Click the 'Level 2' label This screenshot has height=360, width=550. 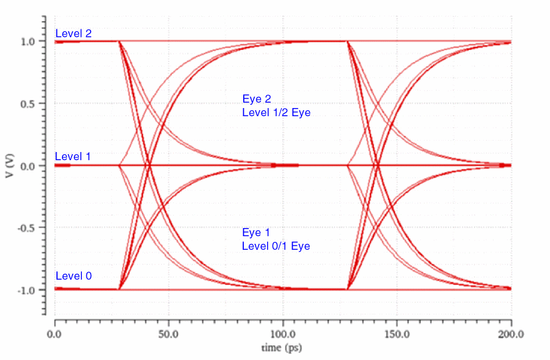(x=73, y=34)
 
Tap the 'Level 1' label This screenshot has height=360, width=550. (x=73, y=157)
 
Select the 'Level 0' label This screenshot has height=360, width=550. (x=73, y=276)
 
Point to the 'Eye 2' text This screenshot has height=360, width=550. (x=256, y=99)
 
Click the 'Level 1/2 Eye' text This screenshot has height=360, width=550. (x=276, y=112)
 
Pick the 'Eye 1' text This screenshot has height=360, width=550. (x=256, y=233)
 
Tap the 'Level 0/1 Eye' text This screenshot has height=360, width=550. (x=276, y=246)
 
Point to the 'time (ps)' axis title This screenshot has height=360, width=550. (x=282, y=346)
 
